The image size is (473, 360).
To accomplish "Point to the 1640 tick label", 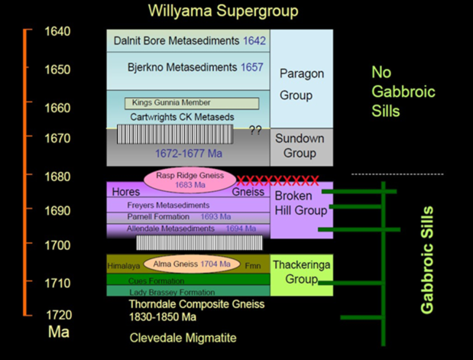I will coord(57,32).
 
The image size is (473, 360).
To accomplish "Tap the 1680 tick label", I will coord(57,177).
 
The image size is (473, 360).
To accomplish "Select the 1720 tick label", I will coord(57,314).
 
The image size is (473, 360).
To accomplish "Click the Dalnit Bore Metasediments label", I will coord(178,41).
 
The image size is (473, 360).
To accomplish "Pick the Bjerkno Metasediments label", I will coord(178,67).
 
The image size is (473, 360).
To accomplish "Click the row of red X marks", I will coord(277,180).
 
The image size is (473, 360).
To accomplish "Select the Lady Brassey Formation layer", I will coord(173,292).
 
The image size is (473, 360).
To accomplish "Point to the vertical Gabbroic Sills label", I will coord(428,259).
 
